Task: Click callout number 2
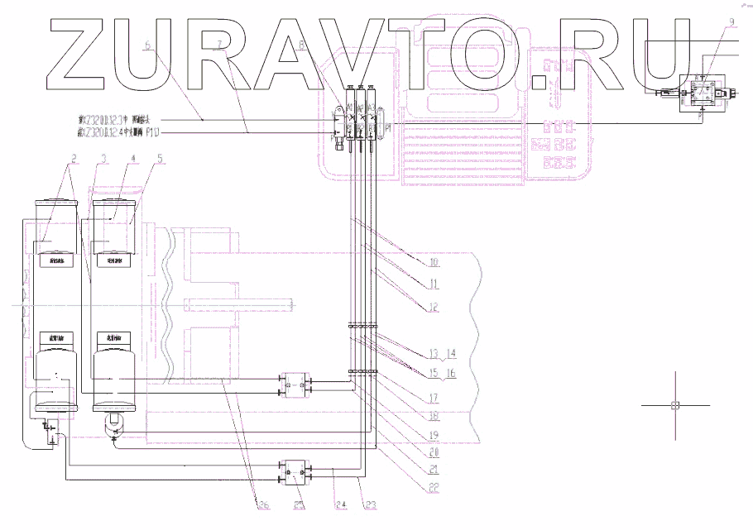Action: [x=74, y=157]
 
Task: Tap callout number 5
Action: [x=160, y=157]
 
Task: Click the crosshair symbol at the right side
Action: [x=674, y=405]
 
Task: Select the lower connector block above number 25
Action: [x=295, y=472]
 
